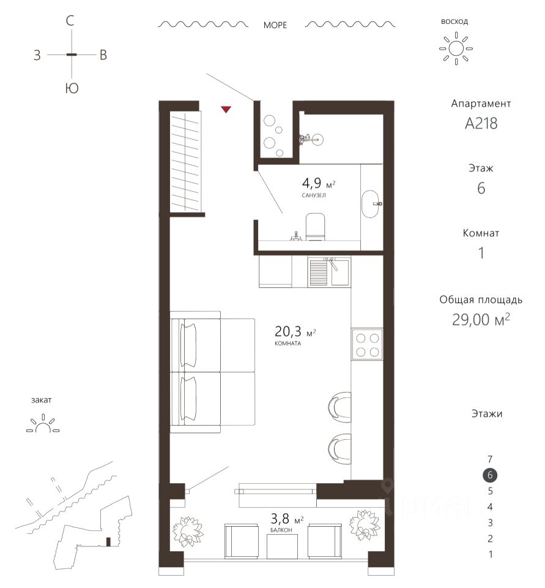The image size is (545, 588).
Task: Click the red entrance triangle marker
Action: [x=226, y=110]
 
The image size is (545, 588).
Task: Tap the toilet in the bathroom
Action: [x=315, y=227]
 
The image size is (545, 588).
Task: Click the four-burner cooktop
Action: [x=367, y=345]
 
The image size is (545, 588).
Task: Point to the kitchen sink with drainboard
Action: [x=329, y=272]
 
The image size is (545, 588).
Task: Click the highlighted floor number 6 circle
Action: [x=490, y=475]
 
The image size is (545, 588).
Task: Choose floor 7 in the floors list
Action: [x=490, y=459]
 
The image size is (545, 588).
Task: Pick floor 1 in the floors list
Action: [x=491, y=554]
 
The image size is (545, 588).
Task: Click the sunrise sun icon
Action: [x=456, y=48]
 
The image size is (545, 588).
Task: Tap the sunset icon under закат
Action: [x=43, y=423]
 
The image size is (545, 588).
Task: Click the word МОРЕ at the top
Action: [x=275, y=25]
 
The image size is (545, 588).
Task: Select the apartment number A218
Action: [x=481, y=123]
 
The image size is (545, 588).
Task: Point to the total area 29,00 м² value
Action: [x=481, y=320]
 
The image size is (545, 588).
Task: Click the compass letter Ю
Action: [x=72, y=88]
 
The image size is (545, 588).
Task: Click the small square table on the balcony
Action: [x=282, y=546]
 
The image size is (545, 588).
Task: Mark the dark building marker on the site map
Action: [x=108, y=542]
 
